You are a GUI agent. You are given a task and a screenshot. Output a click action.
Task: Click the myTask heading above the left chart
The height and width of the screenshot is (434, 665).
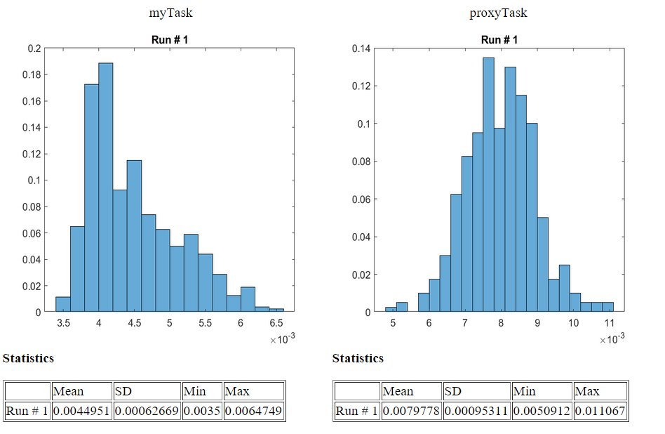pos(170,13)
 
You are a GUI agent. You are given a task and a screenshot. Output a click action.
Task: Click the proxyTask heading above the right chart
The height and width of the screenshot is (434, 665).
pos(498,13)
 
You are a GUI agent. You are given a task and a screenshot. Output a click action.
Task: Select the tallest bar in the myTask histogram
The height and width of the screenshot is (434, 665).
pos(106,187)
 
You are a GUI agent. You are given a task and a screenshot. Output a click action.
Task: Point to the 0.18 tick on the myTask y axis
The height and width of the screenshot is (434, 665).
pos(33,74)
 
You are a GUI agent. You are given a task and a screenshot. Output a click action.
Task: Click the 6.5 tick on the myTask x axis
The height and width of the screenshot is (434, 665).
pos(276,323)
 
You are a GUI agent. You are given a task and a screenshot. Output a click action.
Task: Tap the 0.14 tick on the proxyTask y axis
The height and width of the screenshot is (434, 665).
pos(362,48)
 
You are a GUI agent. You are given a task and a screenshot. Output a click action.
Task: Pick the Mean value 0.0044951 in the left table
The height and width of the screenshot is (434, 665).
pos(81,411)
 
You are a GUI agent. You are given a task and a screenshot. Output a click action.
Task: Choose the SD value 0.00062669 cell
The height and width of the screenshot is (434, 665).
pos(146,411)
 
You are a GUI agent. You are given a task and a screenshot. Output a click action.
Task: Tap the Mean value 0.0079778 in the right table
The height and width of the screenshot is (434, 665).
pos(410,411)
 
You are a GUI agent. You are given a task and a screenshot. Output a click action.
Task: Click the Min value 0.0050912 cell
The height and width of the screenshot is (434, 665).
pos(541,411)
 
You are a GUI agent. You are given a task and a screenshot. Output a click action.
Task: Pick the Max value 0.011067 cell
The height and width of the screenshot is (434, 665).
pos(599,411)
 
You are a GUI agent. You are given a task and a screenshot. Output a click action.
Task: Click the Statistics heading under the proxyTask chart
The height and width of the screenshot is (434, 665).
pos(358,358)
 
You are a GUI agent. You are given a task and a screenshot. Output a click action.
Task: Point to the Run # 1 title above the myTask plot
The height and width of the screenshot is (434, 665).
pos(169,40)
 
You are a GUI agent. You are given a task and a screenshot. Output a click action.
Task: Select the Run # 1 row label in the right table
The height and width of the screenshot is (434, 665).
pos(356,411)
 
